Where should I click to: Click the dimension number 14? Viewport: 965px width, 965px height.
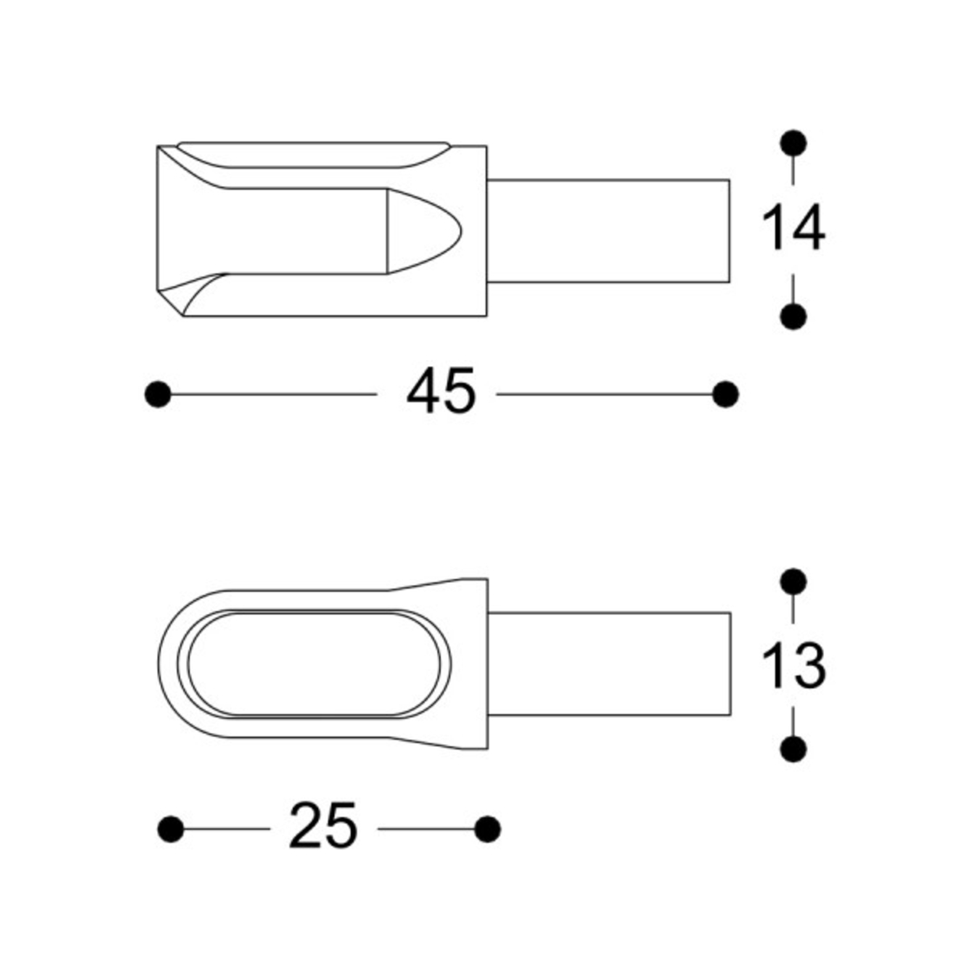coord(793,229)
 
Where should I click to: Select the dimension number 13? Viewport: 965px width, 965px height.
coord(793,666)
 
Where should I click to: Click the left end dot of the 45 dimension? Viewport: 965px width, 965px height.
coord(157,395)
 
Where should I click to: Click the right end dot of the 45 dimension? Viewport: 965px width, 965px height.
coord(725,395)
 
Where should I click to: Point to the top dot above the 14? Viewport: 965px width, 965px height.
coord(793,143)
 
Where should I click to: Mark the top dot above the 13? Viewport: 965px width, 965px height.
coord(793,581)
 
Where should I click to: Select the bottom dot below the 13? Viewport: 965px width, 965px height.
coord(793,749)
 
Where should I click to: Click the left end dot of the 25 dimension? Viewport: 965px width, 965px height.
coord(171,829)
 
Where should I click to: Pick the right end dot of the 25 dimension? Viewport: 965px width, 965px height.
coord(488,829)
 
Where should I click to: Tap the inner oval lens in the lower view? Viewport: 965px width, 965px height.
coord(313,664)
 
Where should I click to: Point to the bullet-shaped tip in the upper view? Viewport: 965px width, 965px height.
coord(422,230)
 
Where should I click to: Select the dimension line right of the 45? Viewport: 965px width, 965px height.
coord(609,395)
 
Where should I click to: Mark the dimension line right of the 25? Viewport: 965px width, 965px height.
coord(426,829)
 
